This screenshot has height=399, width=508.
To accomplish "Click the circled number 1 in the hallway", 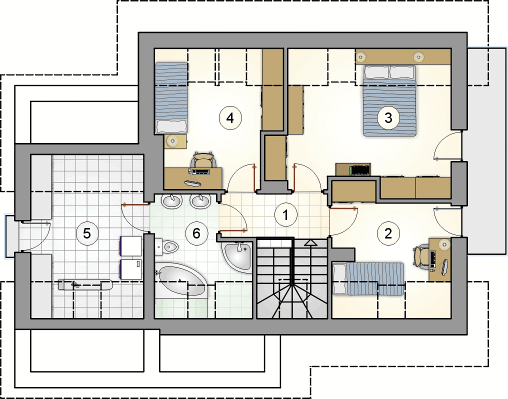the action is pos(285,214).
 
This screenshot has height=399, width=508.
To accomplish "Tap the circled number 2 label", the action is pos(388,233).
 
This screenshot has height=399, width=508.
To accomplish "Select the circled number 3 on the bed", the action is pos(388,117).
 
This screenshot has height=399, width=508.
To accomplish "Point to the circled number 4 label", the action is pos(230,118).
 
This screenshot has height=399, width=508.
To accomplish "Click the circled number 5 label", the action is pos(87,233).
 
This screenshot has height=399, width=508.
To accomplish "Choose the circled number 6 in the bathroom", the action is pos(196,233).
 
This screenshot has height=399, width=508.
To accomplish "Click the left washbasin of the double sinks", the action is pos(171,201).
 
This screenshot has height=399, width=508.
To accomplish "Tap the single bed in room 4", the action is pos(171,98).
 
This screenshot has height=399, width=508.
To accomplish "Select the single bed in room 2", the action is pos(368,278).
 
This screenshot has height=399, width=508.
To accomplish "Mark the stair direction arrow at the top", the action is pos(311,243).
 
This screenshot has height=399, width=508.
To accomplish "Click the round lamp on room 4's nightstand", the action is pos(172,141).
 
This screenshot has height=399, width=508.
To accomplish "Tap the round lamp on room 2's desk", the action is pos(444,243).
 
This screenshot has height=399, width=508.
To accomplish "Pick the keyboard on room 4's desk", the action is pos(201,171).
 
